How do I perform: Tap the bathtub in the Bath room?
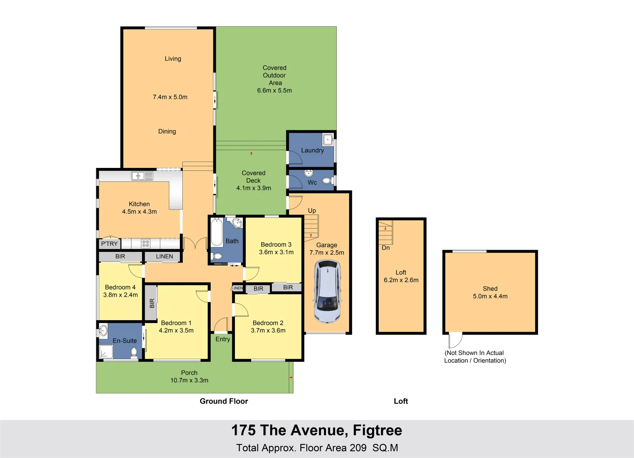pos(217,232)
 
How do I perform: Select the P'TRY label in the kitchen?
pos(109,244)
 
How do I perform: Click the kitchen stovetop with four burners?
pos(145,243)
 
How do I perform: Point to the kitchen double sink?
pos(142,176)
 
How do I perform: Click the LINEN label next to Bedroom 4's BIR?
pos(164,257)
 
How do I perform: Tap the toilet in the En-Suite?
pos(134,352)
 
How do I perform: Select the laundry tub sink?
pos(327,139)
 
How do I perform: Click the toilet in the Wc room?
pos(327,181)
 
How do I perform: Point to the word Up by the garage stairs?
pos(312,210)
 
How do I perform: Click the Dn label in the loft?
pos(385,248)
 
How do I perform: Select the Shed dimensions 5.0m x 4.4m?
pos(490,296)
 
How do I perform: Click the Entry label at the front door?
pos(223,339)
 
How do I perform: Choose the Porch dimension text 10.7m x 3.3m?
pos(189,380)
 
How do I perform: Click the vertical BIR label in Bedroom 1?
pos(152,303)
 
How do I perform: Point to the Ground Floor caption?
pos(223,401)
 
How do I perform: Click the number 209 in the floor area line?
pos(358,448)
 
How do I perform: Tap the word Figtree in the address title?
pos(377,430)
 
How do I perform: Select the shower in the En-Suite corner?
pos(106,352)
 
